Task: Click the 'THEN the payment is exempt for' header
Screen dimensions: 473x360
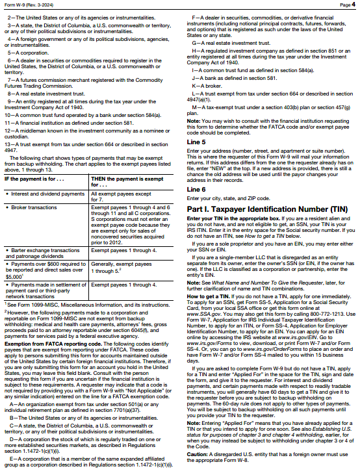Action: [122, 181]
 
